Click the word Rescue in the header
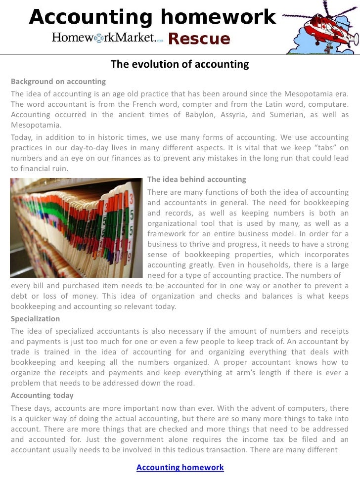click(199, 39)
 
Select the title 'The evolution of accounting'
click(180, 65)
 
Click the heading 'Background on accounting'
click(58, 81)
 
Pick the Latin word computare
click(328, 104)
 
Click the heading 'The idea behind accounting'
click(197, 179)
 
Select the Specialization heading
click(36, 319)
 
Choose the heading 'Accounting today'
click(42, 395)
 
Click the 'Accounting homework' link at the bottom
click(180, 468)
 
